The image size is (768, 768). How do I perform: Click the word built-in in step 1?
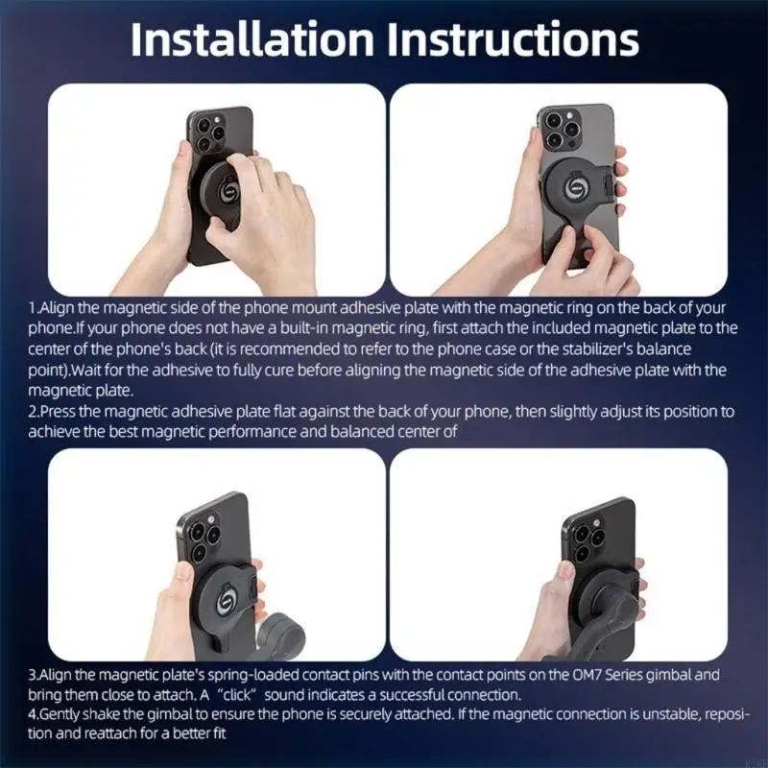[290, 327]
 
